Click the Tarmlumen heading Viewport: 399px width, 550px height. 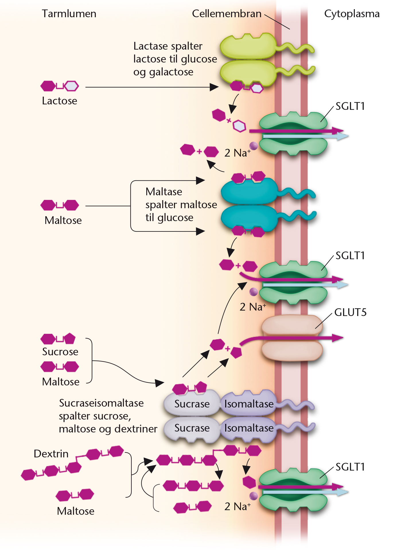69,14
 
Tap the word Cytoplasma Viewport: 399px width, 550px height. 352,14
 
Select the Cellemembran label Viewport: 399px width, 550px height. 227,14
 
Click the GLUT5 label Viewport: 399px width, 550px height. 350,312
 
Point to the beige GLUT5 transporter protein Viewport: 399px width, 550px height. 292,338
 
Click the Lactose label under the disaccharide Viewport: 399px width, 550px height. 59,101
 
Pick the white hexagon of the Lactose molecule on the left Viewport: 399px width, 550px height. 71,86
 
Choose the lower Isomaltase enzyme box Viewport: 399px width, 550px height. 248,428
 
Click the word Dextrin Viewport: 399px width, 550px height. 51,454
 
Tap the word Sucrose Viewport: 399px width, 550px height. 60,352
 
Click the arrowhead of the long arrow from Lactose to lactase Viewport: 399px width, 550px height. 214,87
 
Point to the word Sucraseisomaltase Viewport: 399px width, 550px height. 101,403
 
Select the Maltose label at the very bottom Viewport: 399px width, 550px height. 76,511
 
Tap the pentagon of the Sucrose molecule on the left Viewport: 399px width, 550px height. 69,339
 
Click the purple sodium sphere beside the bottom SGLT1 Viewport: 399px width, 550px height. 254,496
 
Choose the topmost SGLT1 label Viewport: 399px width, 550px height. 350,106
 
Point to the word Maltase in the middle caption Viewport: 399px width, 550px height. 164,192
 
